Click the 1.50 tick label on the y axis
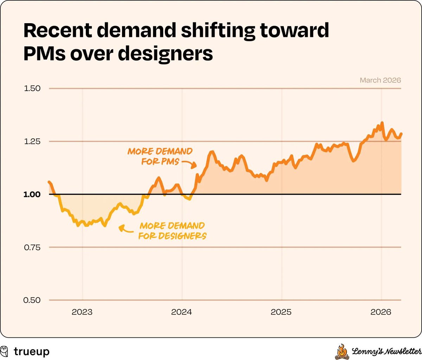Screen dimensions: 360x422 32,88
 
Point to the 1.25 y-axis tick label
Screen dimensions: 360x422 32,141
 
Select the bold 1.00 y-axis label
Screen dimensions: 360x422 32,194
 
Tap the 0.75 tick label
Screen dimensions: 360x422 32,247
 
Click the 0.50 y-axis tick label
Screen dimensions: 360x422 32,300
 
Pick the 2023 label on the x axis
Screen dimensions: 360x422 82,312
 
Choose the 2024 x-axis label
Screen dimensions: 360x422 181,312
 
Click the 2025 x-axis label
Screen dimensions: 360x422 281,312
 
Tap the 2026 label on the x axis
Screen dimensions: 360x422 381,312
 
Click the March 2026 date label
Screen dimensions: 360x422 380,80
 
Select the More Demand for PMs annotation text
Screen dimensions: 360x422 160,156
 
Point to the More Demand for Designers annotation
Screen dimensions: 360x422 172,231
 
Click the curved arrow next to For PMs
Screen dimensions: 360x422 189,164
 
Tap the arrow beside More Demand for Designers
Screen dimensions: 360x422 125,229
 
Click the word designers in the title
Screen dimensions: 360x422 165,54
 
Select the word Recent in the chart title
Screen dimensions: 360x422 57,31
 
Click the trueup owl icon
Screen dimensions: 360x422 5,351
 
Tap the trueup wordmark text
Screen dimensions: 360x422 32,351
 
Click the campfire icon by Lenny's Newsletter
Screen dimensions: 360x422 341,352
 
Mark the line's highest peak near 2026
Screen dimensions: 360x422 382,123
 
